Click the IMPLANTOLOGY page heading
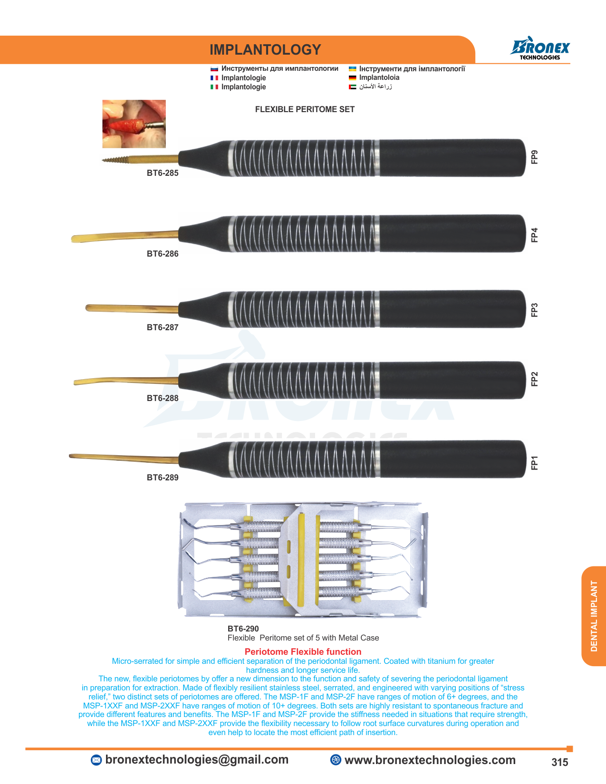pyautogui.click(x=265, y=50)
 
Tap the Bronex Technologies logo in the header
pyautogui.click(x=540, y=48)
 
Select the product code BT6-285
pyautogui.click(x=163, y=173)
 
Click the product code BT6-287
pyautogui.click(x=163, y=327)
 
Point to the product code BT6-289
pyautogui.click(x=163, y=478)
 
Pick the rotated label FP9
pyautogui.click(x=534, y=157)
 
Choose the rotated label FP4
pyautogui.click(x=534, y=235)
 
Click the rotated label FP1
pyautogui.click(x=534, y=462)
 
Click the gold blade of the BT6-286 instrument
pyautogui.click(x=125, y=237)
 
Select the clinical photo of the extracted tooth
pyautogui.click(x=134, y=124)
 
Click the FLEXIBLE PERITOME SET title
pyautogui.click(x=305, y=109)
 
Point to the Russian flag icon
pyautogui.click(x=214, y=68)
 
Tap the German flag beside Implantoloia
pyautogui.click(x=352, y=77)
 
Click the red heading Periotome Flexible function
pyautogui.click(x=303, y=651)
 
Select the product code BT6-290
pyautogui.click(x=243, y=629)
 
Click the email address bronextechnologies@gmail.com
pyautogui.click(x=197, y=759)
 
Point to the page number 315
pyautogui.click(x=559, y=762)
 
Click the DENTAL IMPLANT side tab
pyautogui.click(x=593, y=616)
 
